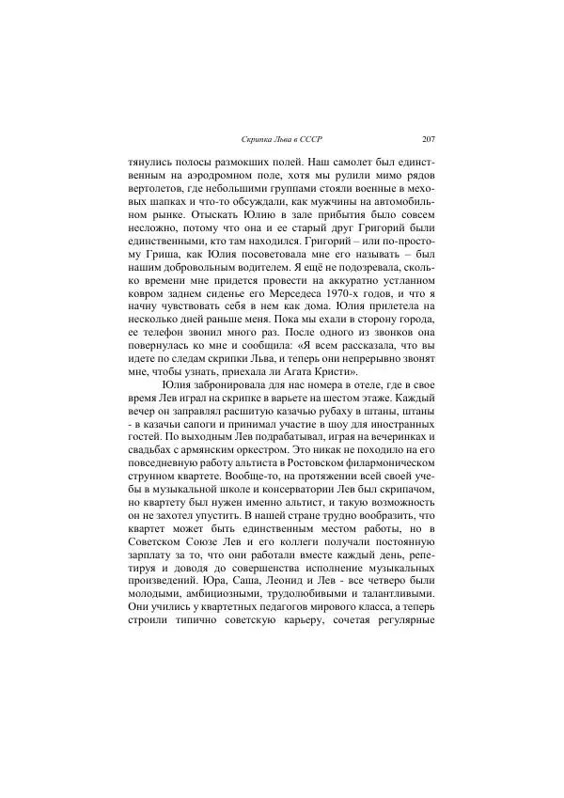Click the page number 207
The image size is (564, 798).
(x=429, y=139)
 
